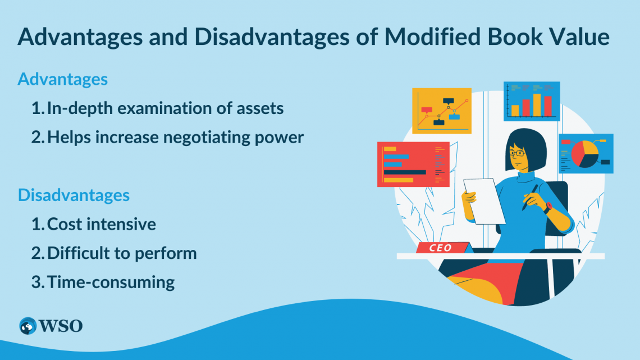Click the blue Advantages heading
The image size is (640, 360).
pos(62,79)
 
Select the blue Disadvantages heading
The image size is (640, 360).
pos(74,195)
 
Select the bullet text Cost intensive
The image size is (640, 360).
pos(102,224)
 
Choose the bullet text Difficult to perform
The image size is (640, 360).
pos(122,253)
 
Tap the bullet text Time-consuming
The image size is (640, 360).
pos(111,281)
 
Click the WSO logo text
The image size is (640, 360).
pos(61,326)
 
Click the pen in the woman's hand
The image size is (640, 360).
pos(529,197)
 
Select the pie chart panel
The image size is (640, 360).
pos(586,153)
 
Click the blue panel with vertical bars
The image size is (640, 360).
pos(531,101)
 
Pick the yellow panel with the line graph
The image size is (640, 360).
pos(441,111)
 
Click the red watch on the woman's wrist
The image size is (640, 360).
pos(547,207)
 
